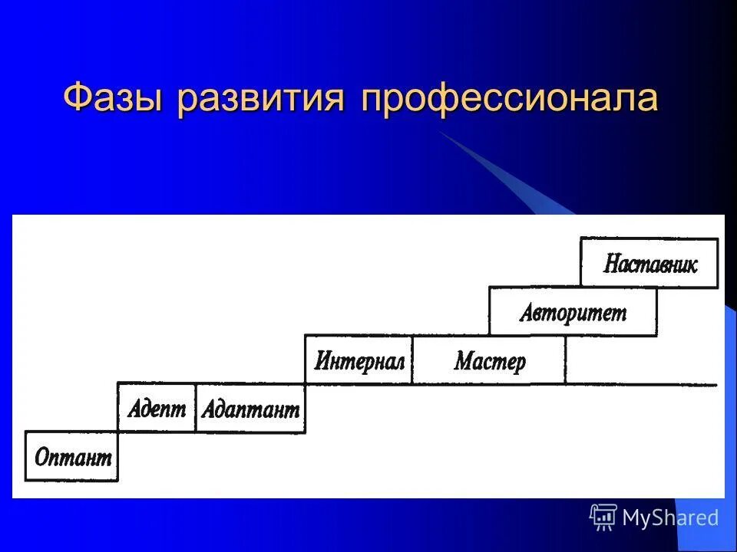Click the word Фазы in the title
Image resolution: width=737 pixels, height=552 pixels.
pos(113,99)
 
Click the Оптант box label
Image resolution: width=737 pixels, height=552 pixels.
pos(73,458)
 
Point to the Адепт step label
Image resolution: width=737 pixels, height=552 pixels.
pos(157,408)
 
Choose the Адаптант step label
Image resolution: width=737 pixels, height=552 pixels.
pos(250,409)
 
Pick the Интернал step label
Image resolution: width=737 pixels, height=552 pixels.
pos(359,360)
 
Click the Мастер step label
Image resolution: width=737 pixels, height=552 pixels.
pos(489,360)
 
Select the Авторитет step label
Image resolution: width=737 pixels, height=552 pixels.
pos(573,312)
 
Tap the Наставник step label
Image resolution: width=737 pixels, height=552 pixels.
pos(650,264)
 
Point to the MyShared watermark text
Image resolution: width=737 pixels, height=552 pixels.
pos(670,517)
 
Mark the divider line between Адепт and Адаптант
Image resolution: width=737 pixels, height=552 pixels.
pos(195,407)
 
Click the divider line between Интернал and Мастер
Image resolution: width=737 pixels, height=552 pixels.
pos(412,360)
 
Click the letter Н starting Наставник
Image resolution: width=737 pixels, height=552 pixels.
pos(611,264)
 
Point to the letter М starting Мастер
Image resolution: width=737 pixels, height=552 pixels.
pos(461,360)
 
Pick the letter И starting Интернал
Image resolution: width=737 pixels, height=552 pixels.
pos(321,360)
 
